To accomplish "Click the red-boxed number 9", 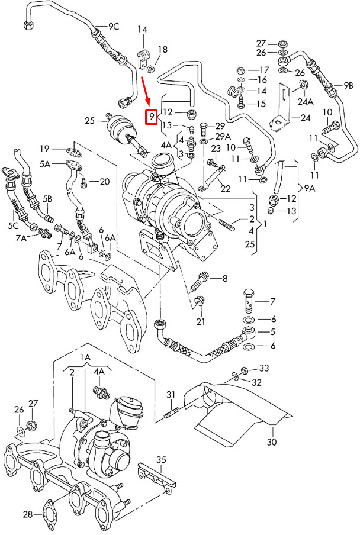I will tap(152, 116).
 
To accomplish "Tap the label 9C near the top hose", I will tap(113, 26).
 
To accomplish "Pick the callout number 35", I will tap(162, 459).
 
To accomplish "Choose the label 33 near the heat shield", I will tap(263, 368).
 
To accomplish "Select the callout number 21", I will tap(201, 321).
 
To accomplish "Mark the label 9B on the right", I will tap(348, 85).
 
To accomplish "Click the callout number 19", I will tap(45, 148).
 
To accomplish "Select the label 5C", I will tap(13, 225).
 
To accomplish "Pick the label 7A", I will tap(22, 238).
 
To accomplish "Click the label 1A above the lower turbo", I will tap(85, 357).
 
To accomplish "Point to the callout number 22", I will tap(224, 188).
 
